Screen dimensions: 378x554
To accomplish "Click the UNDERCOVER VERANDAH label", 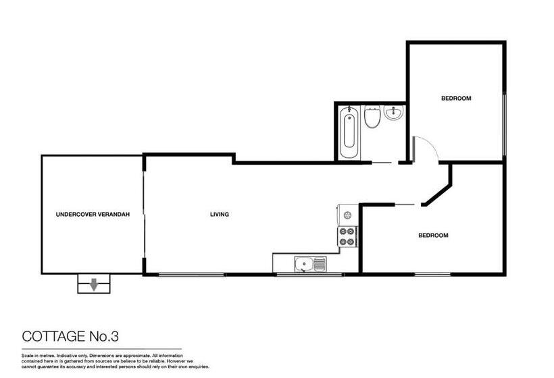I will coord(92,215).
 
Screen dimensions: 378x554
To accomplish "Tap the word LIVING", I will coord(220,215).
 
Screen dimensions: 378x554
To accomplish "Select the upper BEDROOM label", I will coord(456,99).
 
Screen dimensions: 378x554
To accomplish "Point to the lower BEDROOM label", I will coord(433,236).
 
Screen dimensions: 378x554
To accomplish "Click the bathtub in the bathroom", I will coord(349,132).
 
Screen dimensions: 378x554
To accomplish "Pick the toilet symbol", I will coord(371,119).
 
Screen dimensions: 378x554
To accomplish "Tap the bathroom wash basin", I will coord(393,114).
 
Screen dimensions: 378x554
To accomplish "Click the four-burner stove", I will coord(347,236).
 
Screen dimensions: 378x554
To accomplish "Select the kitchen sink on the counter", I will coord(309,263).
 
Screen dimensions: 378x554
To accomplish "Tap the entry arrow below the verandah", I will coord(94,284).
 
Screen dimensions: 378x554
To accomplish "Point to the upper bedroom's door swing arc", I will coord(424,147).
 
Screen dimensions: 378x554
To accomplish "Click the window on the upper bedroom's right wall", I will coord(504,122).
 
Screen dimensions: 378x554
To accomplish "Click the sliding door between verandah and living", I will coord(143,214).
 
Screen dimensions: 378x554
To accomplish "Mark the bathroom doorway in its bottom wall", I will coord(383,163).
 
